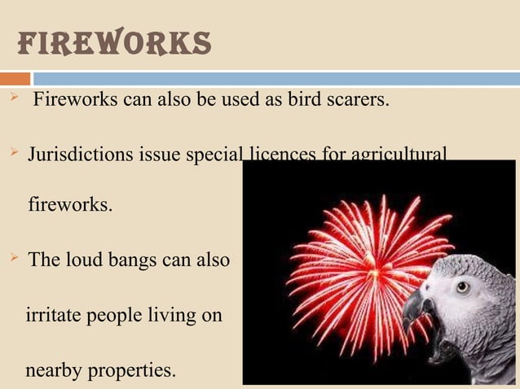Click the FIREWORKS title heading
tap(113, 44)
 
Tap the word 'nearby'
tap(55, 370)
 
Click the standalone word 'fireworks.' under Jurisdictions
tap(70, 204)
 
